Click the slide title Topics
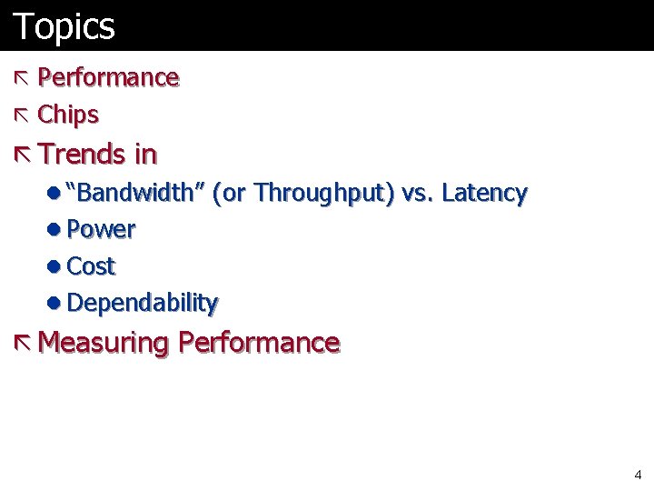[64, 25]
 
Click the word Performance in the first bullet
[108, 78]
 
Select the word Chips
[68, 115]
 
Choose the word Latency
[483, 193]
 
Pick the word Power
[101, 230]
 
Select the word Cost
[91, 266]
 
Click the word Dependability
[143, 303]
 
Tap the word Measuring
[104, 343]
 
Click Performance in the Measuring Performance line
[259, 343]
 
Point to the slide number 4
[638, 475]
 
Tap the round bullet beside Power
[55, 230]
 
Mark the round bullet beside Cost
[55, 266]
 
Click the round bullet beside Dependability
[55, 303]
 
